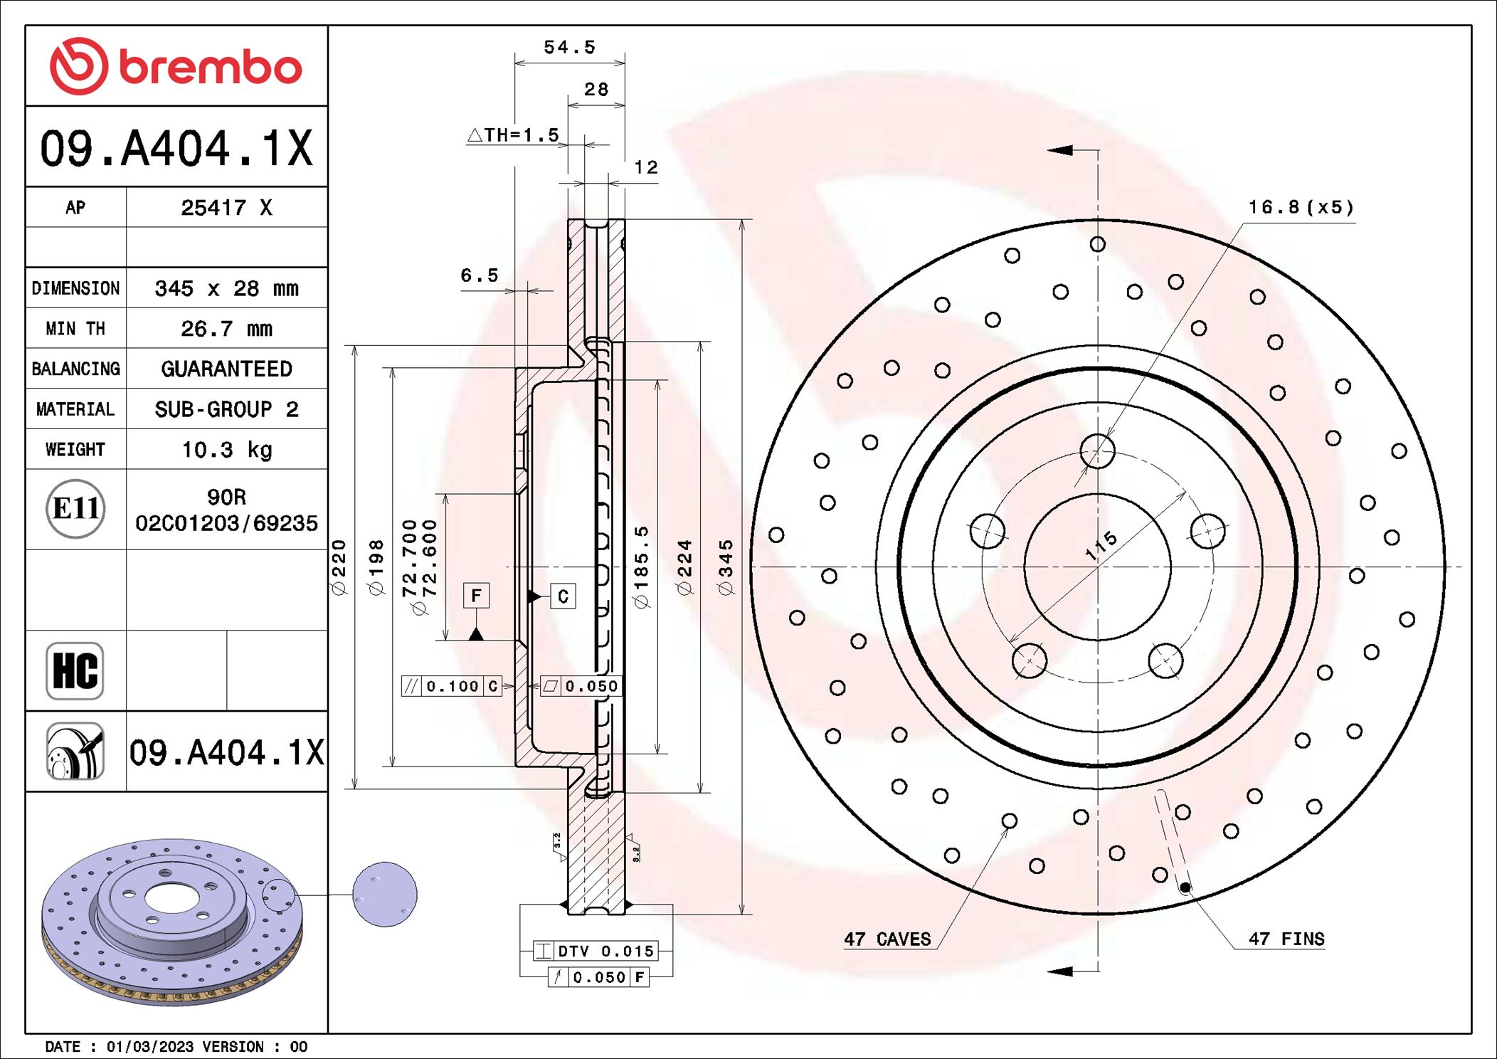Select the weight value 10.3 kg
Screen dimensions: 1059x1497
(227, 450)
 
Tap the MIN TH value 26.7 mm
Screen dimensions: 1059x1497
(227, 329)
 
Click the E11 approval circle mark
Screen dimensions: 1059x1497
(75, 508)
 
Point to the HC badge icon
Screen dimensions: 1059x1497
(75, 670)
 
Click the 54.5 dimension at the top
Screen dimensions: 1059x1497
(569, 48)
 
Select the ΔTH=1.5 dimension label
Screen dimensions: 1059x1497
(514, 135)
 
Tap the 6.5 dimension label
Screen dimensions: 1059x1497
(480, 275)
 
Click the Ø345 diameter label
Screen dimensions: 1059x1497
(725, 567)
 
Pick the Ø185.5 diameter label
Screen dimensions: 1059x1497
(642, 567)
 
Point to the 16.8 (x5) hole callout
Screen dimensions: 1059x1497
(1301, 207)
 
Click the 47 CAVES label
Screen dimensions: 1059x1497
(887, 939)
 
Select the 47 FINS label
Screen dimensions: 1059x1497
(1286, 939)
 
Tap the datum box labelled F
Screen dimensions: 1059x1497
(476, 595)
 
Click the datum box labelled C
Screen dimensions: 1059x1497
(563, 596)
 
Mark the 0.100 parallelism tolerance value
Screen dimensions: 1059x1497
(453, 686)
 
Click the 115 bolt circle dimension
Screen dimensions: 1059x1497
(1101, 546)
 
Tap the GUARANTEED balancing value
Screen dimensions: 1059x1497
(227, 369)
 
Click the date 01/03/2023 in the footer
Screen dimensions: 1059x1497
(149, 1047)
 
